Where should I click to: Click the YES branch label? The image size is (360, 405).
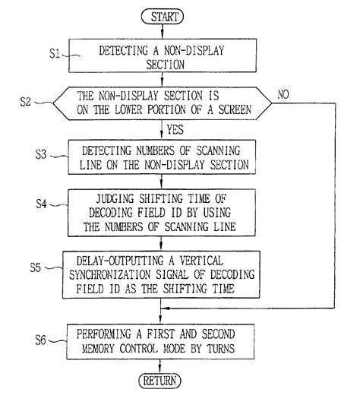coord(175,128)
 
